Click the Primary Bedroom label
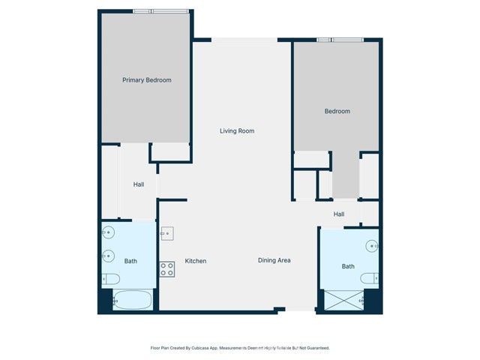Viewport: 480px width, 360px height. tap(147, 80)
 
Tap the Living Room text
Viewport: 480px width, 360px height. tap(237, 131)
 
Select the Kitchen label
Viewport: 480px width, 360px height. tap(196, 261)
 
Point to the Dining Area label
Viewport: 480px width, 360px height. tap(274, 261)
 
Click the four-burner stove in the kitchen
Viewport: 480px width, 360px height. tap(166, 268)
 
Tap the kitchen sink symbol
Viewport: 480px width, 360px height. tap(166, 233)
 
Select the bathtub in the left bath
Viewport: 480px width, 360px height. tap(132, 301)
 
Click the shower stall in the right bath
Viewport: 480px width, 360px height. tap(342, 301)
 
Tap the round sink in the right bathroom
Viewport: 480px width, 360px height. tap(372, 245)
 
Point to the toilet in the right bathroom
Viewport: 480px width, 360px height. tap(370, 278)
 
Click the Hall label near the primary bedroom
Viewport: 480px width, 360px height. tap(139, 184)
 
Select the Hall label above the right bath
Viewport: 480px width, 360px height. tap(339, 214)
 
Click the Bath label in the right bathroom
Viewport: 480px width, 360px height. tap(348, 266)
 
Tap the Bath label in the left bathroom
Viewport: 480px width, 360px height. tap(130, 261)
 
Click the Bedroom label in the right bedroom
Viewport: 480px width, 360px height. tap(337, 112)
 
